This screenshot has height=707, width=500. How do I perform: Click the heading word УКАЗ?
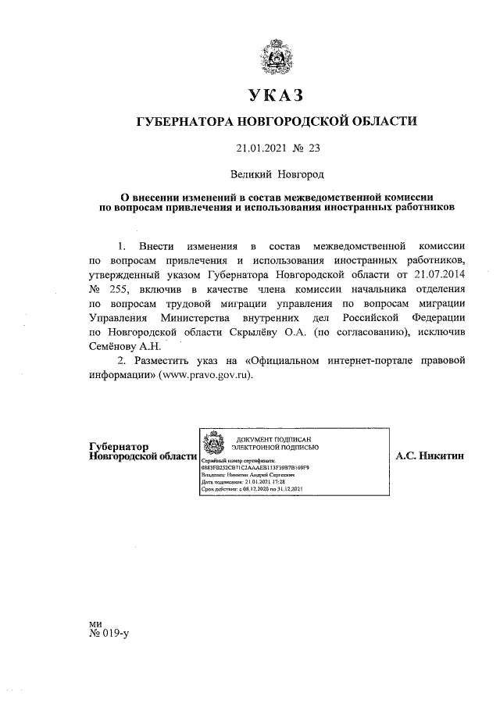[x=274, y=95]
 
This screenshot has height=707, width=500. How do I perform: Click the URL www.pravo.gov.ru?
[x=206, y=375]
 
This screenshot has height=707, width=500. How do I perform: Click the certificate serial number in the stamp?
[x=255, y=469]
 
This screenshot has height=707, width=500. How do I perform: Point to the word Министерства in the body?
[x=198, y=317]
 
